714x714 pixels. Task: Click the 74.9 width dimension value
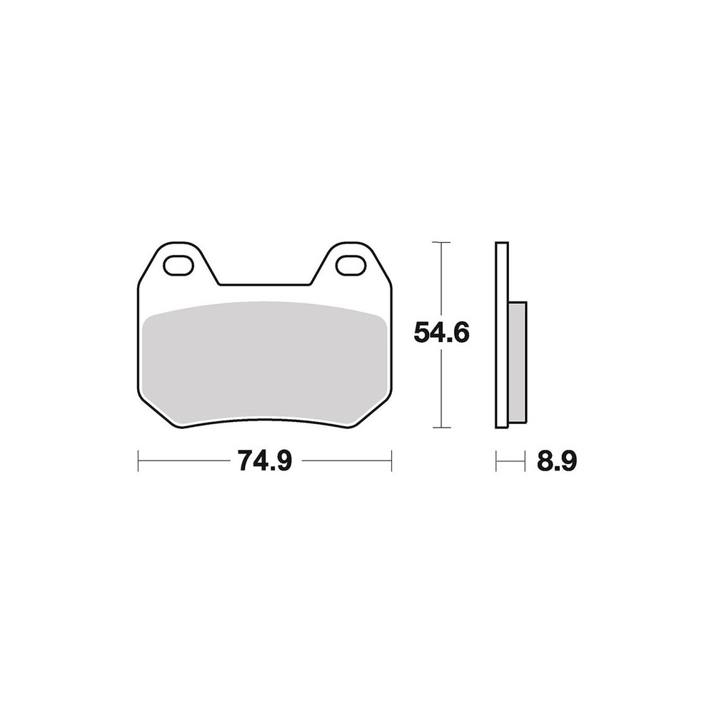[x=264, y=462]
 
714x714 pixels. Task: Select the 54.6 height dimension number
[x=441, y=333]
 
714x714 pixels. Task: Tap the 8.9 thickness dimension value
[x=556, y=462]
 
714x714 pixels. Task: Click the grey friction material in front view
[x=265, y=363]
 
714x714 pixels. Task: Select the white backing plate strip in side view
[x=502, y=335]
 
